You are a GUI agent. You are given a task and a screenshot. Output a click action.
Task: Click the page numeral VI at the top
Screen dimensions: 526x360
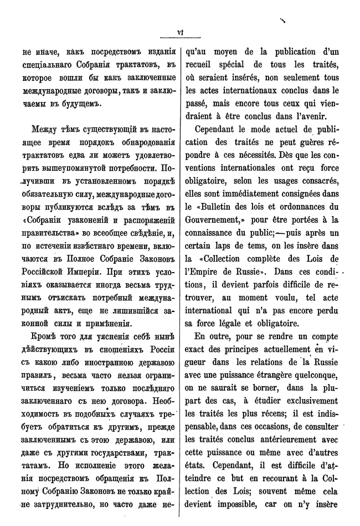179,32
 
